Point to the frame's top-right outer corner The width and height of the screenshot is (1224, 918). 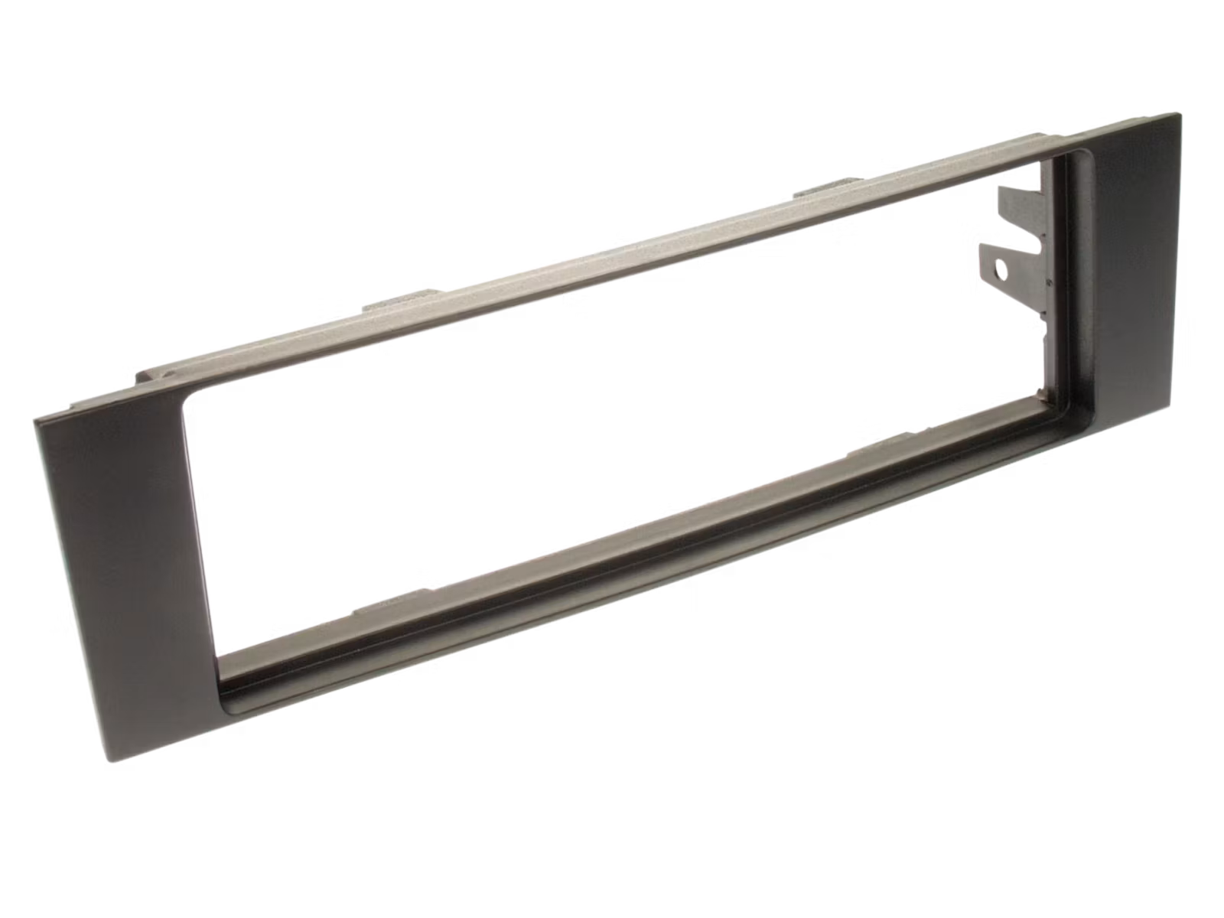[1182, 112]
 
